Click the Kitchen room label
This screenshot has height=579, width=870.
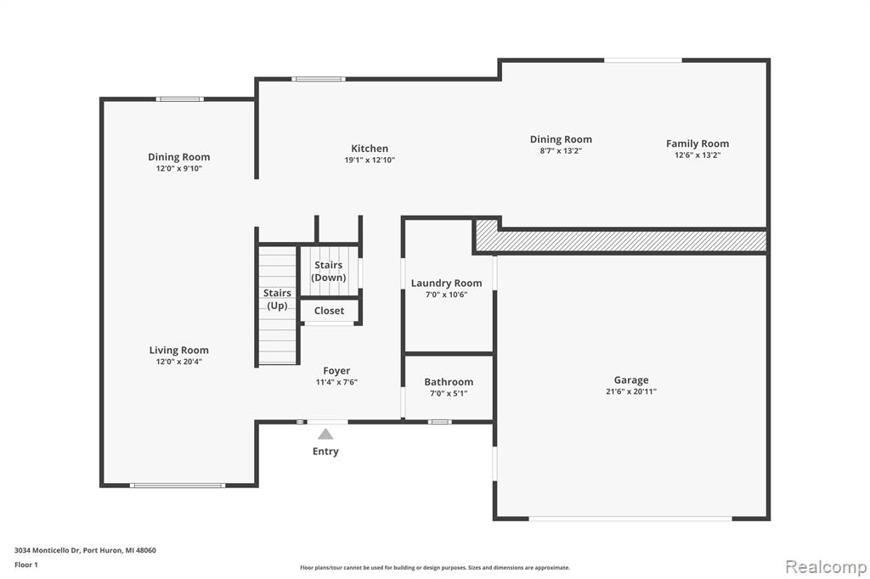pos(370,148)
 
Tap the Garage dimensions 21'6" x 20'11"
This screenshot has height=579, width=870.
pos(631,391)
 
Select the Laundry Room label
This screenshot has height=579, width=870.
pos(446,284)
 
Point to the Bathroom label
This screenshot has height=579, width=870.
pos(449,381)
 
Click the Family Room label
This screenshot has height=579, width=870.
pos(698,143)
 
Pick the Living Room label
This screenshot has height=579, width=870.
pos(178,350)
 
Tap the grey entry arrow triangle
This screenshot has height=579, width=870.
pos(325,434)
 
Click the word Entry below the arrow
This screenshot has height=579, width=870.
pos(325,452)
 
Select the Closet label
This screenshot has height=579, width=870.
pos(329,311)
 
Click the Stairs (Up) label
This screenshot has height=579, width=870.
pos(277,299)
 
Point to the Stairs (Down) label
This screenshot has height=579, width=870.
pos(329,271)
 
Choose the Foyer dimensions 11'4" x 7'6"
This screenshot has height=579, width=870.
pos(336,382)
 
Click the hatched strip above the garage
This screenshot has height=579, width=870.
pos(620,240)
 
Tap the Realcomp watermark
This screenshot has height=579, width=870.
pos(826,567)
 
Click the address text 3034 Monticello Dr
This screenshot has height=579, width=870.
pos(48,550)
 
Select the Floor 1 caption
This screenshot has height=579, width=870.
pos(26,565)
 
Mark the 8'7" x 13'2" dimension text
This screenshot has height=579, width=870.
pos(561,151)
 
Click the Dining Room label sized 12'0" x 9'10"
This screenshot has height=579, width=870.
pos(178,157)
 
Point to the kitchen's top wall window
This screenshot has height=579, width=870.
pos(319,79)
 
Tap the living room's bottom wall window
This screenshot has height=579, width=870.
pos(178,486)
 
